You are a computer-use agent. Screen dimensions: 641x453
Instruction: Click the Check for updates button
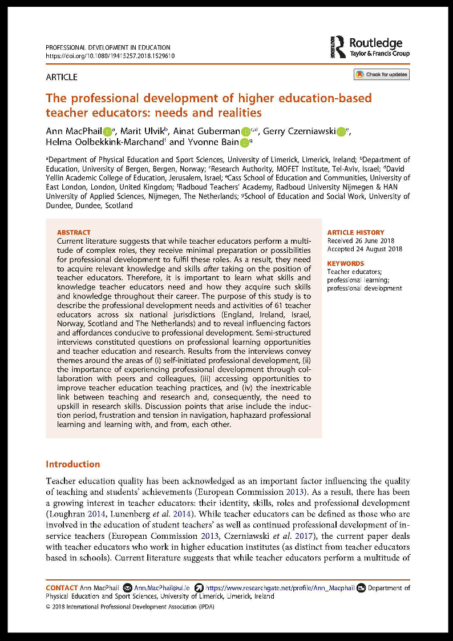382,75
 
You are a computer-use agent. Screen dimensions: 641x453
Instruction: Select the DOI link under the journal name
110,56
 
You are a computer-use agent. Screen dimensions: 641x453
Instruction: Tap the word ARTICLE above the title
61,77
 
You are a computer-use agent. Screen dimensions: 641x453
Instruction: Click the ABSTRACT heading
74,232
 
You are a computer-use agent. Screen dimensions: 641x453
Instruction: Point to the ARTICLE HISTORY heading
355,232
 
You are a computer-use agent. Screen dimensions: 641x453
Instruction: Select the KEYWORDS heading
345,264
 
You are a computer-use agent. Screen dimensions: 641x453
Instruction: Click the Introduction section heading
72,464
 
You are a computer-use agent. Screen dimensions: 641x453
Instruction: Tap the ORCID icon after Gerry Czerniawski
341,132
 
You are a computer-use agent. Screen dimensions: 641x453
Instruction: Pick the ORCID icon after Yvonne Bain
244,143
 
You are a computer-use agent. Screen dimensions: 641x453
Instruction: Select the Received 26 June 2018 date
360,241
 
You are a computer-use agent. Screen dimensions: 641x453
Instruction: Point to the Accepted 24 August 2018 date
365,249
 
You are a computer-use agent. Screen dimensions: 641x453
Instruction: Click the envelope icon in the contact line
128,587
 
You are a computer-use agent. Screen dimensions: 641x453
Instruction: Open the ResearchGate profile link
279,587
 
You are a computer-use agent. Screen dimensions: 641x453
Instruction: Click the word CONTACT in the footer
62,587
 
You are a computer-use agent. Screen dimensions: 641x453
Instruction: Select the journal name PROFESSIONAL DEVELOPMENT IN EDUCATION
107,47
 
